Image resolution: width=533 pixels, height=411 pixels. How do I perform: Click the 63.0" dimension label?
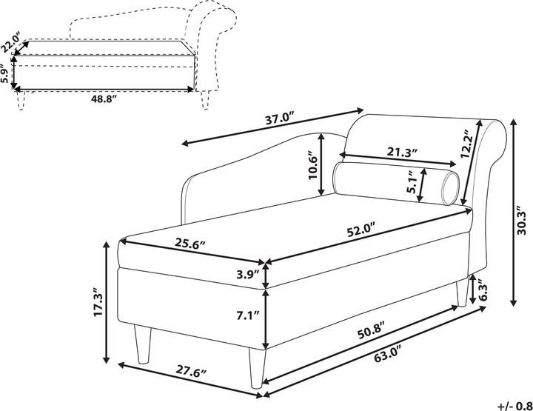point(386,358)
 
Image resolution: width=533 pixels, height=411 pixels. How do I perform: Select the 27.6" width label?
point(192,370)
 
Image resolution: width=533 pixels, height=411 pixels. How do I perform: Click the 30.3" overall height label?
point(521,220)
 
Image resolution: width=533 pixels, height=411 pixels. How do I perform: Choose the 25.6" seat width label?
point(190,244)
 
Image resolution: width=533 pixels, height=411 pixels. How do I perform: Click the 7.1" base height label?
point(248,315)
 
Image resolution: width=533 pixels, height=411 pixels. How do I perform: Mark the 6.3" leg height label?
point(484,290)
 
